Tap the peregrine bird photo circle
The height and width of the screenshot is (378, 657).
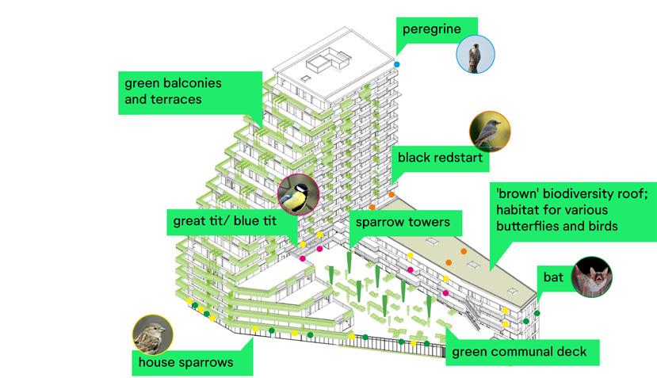476,55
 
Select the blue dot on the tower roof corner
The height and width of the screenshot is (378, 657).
397,63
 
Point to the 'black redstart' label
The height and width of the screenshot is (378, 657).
440,158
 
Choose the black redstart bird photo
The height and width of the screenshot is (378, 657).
490,131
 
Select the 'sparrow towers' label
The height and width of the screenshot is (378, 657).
403,222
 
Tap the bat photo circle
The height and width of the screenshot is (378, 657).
592,277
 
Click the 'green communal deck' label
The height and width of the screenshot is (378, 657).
519,351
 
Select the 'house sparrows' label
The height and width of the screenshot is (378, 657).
185,362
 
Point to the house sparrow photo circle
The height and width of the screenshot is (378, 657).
153,334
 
